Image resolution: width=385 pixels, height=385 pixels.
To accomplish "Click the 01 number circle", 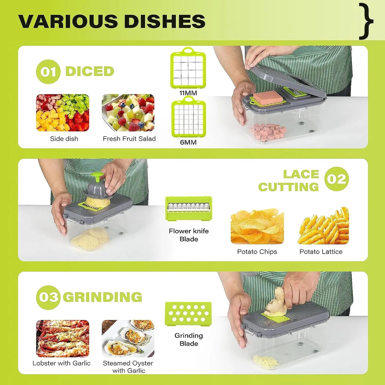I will pos(48,72).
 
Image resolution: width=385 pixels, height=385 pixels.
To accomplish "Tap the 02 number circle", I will pos(337,179).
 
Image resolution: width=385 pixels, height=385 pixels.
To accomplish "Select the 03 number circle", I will pos(48,297).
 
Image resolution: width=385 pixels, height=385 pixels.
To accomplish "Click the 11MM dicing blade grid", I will pos(188,69).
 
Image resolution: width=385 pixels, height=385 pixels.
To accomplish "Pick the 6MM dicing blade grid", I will pos(188,118).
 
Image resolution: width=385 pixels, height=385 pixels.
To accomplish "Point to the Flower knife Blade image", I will pos(189,208).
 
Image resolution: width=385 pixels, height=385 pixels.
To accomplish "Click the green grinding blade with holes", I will pos(188,314).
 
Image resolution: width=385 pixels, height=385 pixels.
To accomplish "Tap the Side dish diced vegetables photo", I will pos(63,113).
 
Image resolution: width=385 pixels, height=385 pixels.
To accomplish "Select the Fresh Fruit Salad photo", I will pos(128,113).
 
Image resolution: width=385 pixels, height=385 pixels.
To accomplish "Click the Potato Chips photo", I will pos(257,226).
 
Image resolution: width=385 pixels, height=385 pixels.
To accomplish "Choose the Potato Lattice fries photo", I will pos(323,226).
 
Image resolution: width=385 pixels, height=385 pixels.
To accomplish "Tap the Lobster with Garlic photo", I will pos(63,338).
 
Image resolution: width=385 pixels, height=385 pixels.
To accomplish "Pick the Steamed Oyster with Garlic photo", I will pos(128,338).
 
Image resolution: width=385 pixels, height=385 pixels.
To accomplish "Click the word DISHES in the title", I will pos(165,21).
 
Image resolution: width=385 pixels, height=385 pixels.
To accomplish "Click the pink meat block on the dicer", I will pos(268,98).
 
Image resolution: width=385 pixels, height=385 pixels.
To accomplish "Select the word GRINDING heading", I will pos(103,297).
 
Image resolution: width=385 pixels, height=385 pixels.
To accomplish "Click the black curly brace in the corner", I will pos(367,21).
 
